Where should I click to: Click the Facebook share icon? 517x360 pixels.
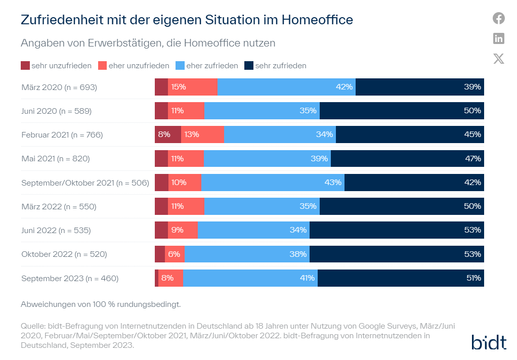click(x=499, y=19)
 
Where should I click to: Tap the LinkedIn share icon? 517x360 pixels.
click(x=499, y=38)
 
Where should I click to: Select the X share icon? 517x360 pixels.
click(x=499, y=59)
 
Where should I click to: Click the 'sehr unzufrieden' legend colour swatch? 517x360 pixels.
click(x=25, y=66)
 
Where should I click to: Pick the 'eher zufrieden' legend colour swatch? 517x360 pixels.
click(x=180, y=66)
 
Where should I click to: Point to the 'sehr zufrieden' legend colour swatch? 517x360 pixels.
click(x=249, y=66)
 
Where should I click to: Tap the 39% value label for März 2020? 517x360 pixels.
click(x=472, y=87)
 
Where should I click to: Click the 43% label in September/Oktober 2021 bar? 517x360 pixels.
click(x=333, y=183)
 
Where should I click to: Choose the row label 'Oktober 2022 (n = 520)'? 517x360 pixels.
click(x=64, y=254)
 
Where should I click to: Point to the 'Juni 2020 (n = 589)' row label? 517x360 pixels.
click(x=56, y=111)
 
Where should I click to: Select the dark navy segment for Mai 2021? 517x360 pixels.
click(x=407, y=159)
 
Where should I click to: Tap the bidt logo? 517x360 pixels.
click(x=489, y=342)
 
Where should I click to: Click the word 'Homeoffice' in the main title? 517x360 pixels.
click(x=317, y=20)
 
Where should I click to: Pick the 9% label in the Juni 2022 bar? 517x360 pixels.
click(x=177, y=231)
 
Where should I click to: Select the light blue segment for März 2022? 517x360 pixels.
click(x=262, y=206)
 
